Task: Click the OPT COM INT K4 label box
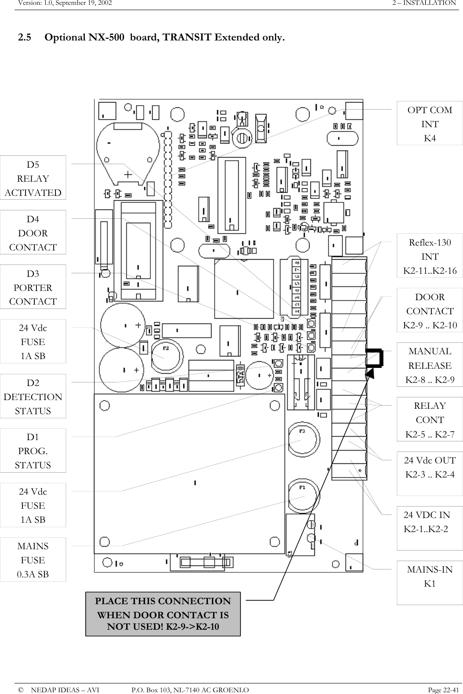(430, 124)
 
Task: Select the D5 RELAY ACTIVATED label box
(33, 178)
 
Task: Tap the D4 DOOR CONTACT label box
(33, 232)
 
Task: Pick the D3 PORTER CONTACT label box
(33, 287)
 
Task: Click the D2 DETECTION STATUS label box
(33, 396)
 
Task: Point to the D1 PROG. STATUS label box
(33, 451)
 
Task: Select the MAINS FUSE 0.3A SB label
(33, 560)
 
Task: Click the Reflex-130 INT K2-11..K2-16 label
(430, 256)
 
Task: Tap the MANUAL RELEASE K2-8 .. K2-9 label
(430, 365)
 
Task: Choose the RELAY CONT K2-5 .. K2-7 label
(430, 419)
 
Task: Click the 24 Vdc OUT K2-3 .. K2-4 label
(430, 467)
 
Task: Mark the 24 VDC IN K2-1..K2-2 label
(427, 522)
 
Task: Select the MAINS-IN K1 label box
(430, 576)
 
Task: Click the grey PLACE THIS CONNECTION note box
(163, 614)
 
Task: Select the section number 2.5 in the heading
(25, 37)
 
